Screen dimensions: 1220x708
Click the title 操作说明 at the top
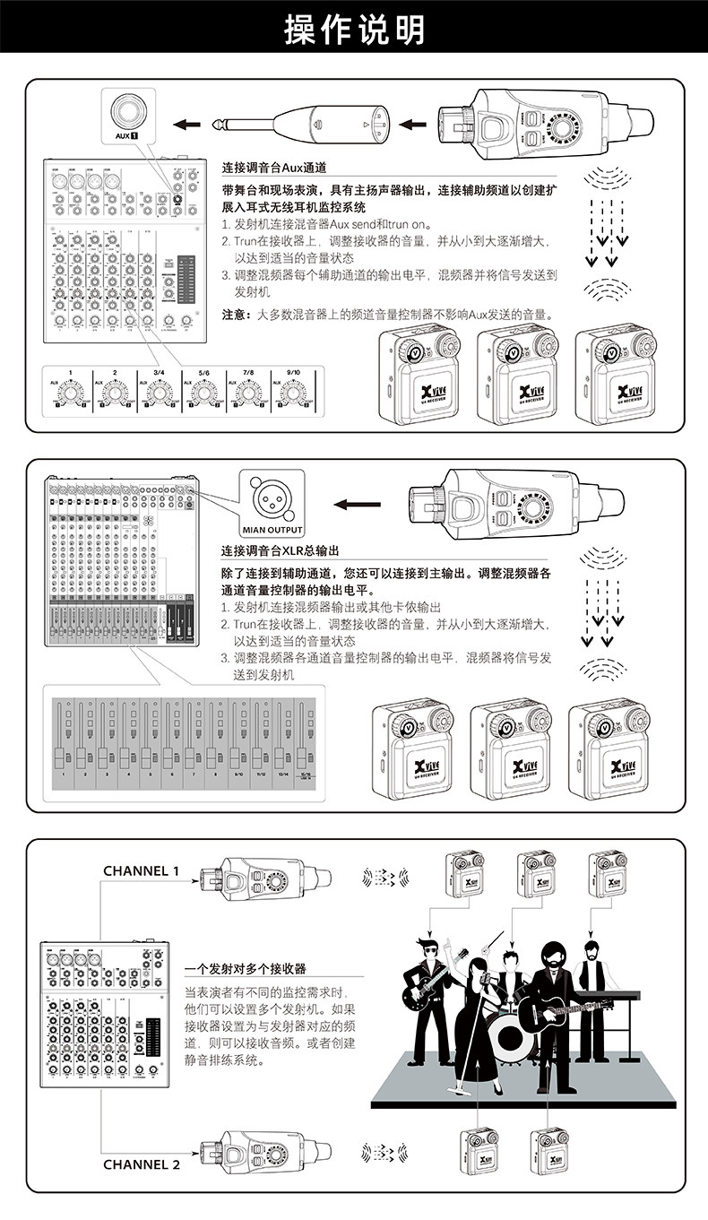pos(354,30)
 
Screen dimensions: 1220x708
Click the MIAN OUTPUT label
pos(272,528)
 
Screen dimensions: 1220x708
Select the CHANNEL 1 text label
pos(142,870)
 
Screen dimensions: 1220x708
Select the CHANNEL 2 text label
pos(142,1164)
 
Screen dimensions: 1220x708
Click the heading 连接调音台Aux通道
pos(274,168)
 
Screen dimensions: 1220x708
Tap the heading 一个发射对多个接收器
pos(245,969)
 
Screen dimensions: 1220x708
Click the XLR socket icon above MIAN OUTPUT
pos(272,497)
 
